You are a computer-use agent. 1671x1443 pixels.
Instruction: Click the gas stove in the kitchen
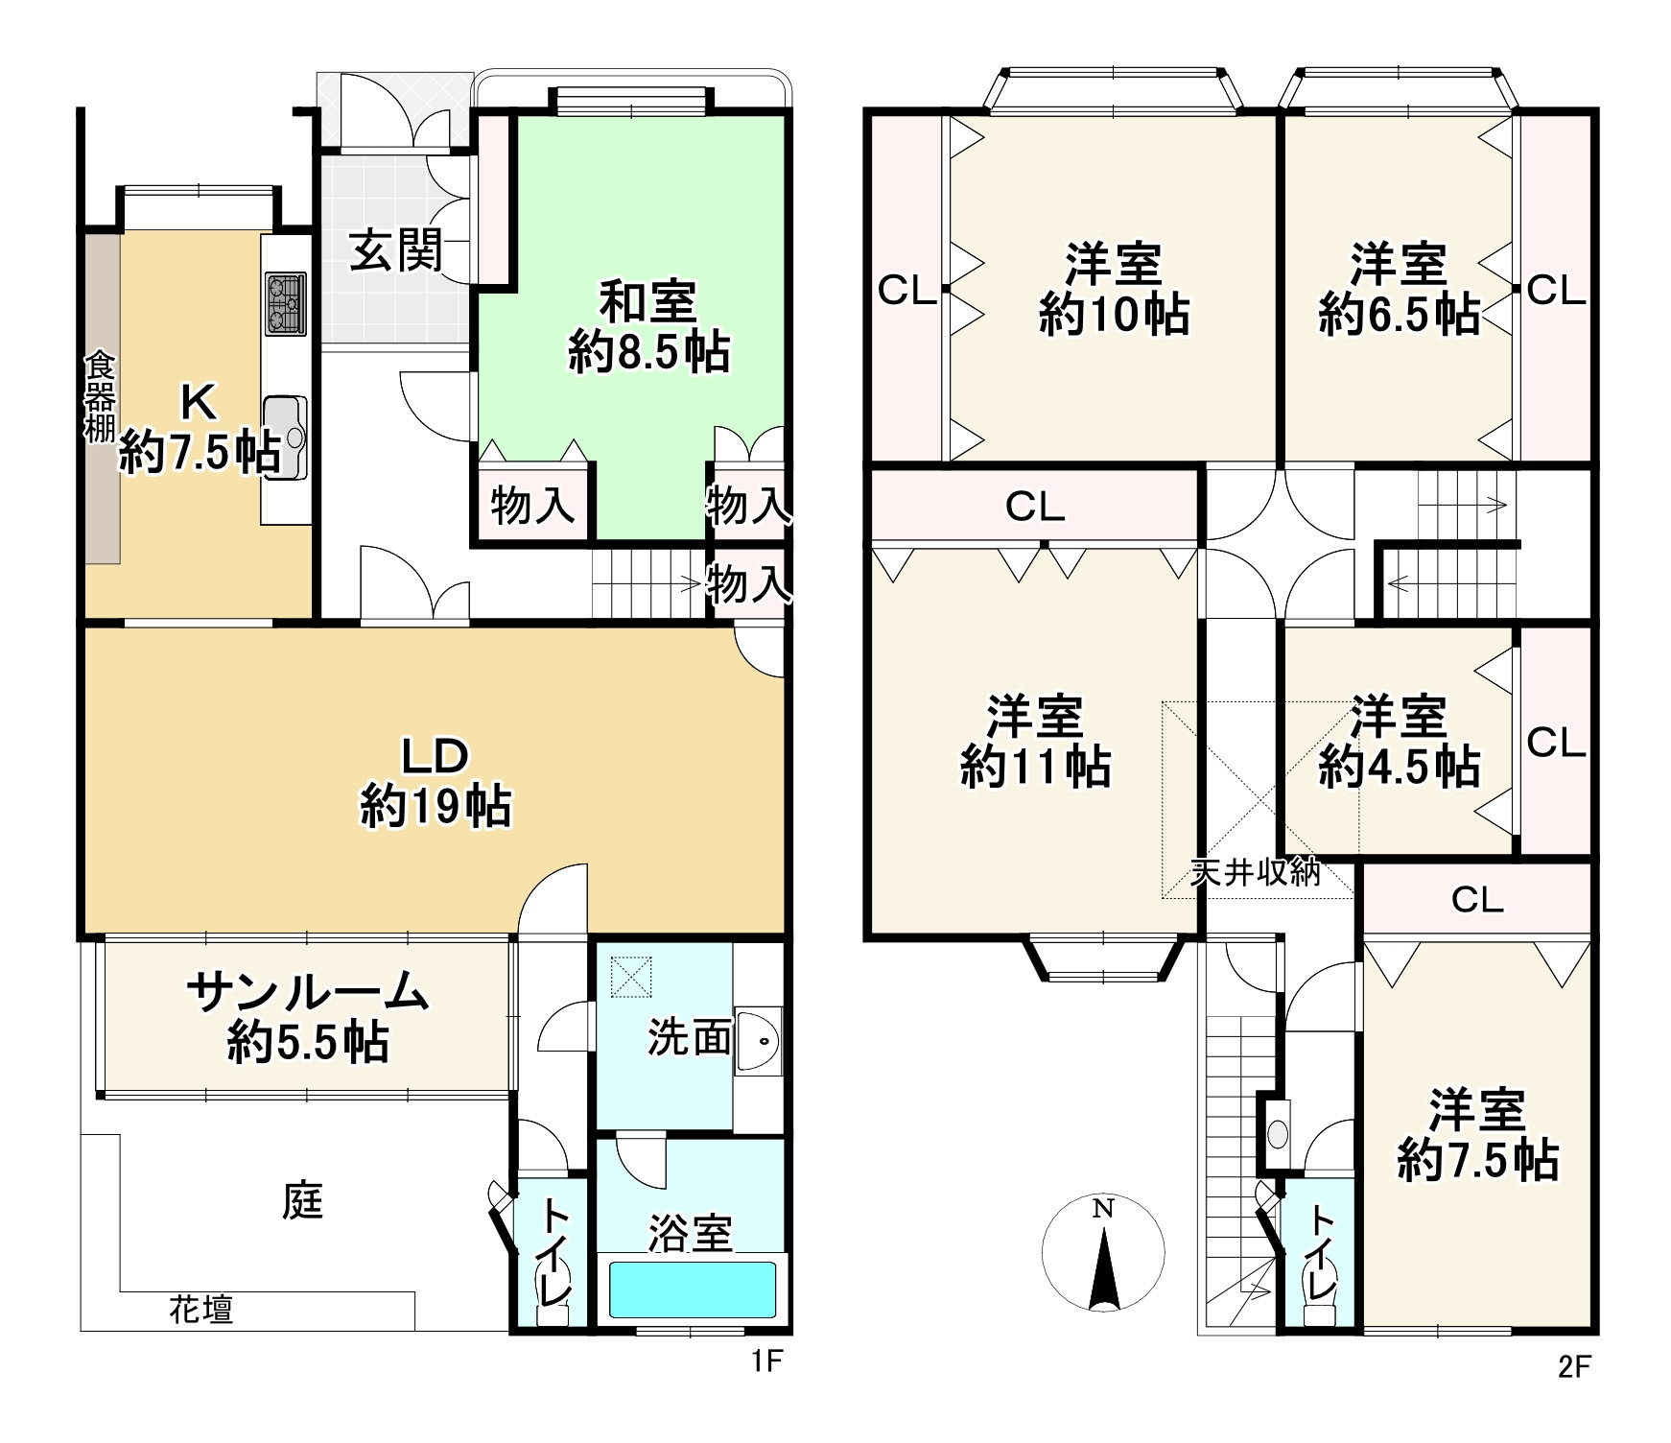click(285, 304)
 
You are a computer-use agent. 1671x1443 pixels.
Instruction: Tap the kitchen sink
click(285, 438)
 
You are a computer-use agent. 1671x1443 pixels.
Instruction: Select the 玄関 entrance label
click(396, 250)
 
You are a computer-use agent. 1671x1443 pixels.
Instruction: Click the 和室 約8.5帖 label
click(648, 326)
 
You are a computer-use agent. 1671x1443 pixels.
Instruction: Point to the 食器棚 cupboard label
click(100, 398)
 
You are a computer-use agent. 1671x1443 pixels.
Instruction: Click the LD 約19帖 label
click(436, 781)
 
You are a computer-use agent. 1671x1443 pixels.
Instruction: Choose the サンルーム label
click(307, 991)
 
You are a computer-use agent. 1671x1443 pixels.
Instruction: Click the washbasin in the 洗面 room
click(759, 1040)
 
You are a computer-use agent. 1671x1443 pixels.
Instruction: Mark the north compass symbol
click(1103, 1253)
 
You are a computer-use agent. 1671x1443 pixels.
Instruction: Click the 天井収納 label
click(1255, 872)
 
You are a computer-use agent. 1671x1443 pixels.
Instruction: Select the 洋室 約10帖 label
click(1114, 290)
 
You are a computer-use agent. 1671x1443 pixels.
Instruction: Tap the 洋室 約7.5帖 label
click(1477, 1134)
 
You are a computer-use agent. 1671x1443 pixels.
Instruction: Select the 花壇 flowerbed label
click(201, 1309)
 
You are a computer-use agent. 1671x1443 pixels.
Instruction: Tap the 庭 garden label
click(303, 1200)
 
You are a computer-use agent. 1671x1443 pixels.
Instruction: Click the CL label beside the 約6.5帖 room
click(1556, 290)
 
